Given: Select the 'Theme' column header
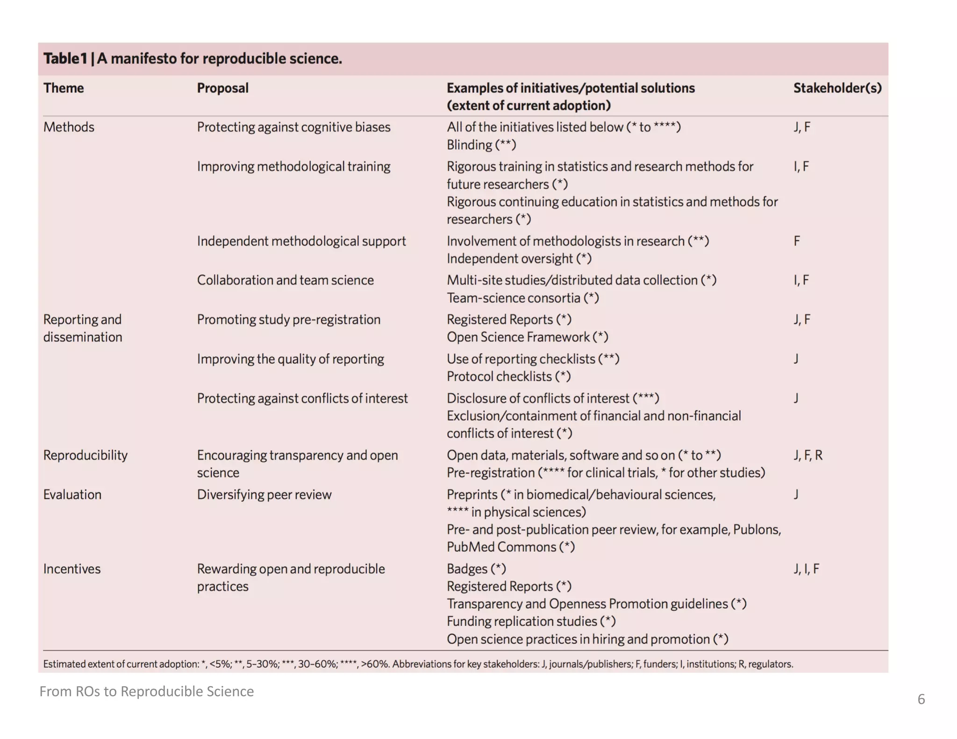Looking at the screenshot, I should [64, 88].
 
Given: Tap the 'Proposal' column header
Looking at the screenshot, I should [222, 88].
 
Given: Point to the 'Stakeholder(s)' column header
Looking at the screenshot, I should [837, 88].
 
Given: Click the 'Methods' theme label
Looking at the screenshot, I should [69, 127].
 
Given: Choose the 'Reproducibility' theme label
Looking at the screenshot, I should [85, 455].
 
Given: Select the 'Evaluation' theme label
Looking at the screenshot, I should [72, 494].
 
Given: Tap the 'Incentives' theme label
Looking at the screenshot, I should [71, 568].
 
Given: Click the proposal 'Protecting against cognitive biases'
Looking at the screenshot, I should [293, 127].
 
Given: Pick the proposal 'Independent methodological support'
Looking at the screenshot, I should [301, 241].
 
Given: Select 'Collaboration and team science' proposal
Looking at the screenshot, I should [285, 280].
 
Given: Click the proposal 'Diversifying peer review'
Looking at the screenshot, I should [264, 494].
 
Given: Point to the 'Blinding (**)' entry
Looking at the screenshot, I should [481, 145].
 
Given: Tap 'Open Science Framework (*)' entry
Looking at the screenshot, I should [527, 337].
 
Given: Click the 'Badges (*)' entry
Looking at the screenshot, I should [476, 568].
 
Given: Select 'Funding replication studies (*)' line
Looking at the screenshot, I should [531, 621].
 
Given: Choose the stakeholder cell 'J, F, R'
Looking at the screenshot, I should [807, 455].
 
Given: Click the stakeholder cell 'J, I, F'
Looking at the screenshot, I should [806, 568].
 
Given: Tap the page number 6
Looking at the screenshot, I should [921, 699].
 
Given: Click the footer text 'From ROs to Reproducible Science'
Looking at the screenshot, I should [146, 691].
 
